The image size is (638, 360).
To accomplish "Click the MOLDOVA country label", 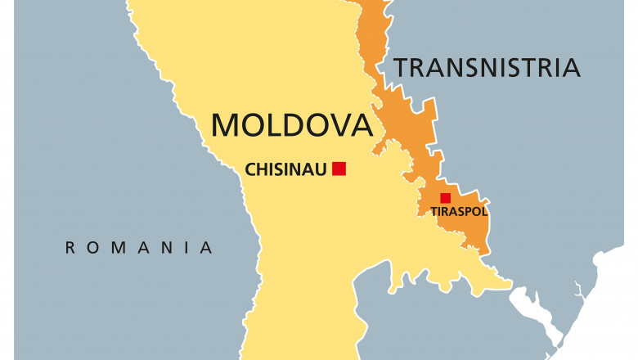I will coord(291,124).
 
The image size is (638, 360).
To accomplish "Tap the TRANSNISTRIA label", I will coord(487,67).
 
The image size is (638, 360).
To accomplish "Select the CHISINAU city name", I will coord(285,169).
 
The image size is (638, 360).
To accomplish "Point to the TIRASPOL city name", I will coord(459,211).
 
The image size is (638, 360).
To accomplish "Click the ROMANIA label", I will coord(139,247).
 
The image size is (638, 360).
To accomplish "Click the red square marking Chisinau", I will coord(339,169).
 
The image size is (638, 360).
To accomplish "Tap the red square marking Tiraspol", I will coord(445,198).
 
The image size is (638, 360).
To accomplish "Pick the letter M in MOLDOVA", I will coord(226,124).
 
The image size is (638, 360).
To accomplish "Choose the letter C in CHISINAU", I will coord(250,169).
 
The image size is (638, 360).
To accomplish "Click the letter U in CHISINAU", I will coord(322,169).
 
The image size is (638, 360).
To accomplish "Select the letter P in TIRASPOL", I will coord(468,211).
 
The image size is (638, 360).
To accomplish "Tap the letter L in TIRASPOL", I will coord(485,211).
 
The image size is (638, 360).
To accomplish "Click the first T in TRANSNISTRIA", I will coord(402,67).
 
